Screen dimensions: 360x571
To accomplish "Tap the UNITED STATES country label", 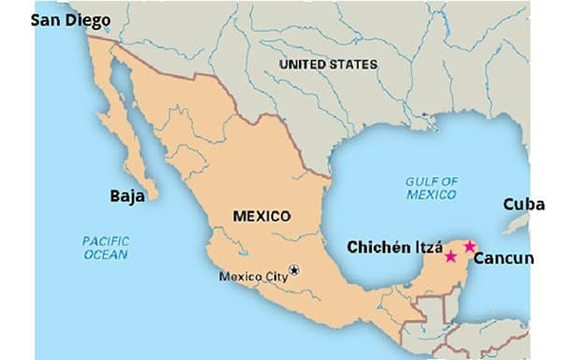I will tap(327, 64).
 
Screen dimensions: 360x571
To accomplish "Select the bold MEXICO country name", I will tap(261, 216).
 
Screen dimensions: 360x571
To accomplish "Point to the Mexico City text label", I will tap(252, 277).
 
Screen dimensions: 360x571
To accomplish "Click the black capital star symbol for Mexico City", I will tap(294, 270).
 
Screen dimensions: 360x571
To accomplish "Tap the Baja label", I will tap(127, 197).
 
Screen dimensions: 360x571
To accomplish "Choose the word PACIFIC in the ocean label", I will tap(106, 241).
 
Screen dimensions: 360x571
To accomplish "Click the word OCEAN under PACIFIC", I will tap(105, 255).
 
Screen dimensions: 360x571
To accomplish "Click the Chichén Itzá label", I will tap(394, 250).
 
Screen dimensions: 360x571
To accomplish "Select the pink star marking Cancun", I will tap(469, 247).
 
